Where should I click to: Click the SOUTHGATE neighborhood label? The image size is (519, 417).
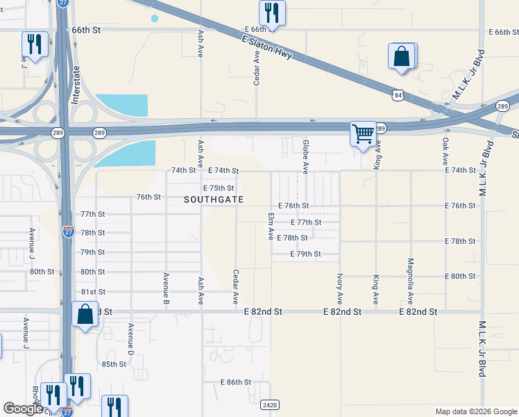(x=214, y=199)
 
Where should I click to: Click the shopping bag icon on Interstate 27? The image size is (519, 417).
(x=85, y=314)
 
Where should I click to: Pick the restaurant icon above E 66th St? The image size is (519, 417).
(x=271, y=13)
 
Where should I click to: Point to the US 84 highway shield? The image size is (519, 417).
(x=396, y=94)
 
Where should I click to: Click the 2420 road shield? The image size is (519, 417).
(x=271, y=404)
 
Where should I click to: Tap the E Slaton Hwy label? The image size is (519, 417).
(x=269, y=50)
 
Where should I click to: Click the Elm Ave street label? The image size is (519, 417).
(x=271, y=227)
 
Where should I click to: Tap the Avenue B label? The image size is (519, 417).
(x=167, y=288)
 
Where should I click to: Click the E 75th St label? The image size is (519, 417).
(x=219, y=188)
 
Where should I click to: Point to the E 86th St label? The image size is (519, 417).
(x=236, y=382)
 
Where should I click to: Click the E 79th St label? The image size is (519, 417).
(x=305, y=254)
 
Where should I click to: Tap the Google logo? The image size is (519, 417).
(x=22, y=409)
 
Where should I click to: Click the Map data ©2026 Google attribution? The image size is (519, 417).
(x=475, y=411)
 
